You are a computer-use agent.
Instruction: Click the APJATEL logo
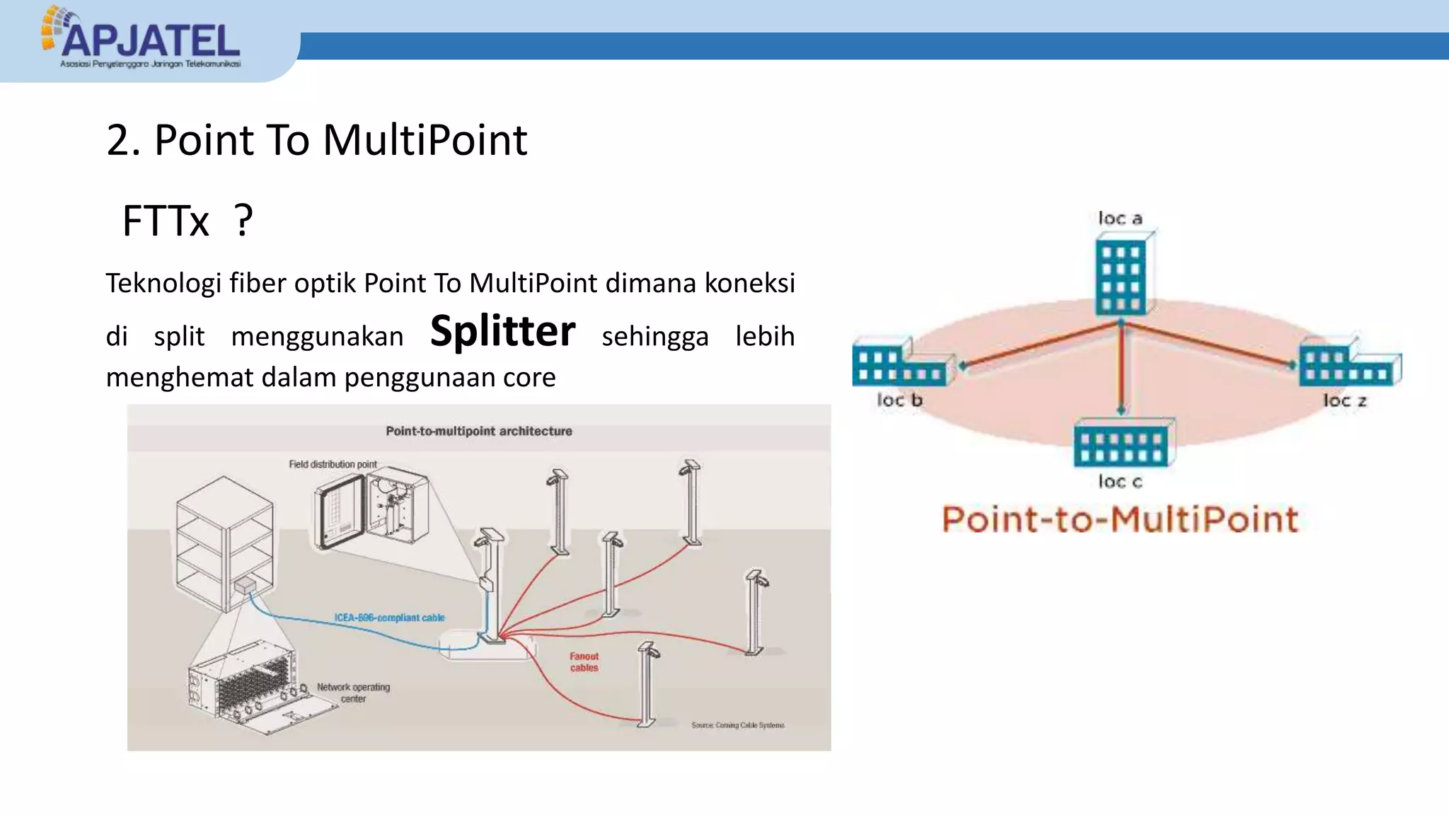[142, 39]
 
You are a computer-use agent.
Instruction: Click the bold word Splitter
[502, 332]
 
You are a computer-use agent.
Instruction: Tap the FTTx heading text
[166, 221]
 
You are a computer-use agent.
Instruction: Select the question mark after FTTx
[243, 221]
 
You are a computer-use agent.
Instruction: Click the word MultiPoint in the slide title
[425, 140]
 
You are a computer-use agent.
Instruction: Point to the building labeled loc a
[1121, 276]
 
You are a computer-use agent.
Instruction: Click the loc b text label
[899, 400]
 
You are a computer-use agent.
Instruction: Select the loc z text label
[1344, 400]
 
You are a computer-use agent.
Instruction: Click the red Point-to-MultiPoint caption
[1120, 520]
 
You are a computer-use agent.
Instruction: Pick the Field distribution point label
[333, 464]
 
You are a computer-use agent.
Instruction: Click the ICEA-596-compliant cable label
[389, 618]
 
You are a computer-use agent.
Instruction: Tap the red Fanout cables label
[584, 662]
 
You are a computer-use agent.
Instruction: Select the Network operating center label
[353, 693]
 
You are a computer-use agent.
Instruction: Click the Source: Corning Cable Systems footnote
[737, 725]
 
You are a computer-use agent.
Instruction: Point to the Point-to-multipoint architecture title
[478, 431]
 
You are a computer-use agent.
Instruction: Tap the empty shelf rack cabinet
[224, 541]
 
